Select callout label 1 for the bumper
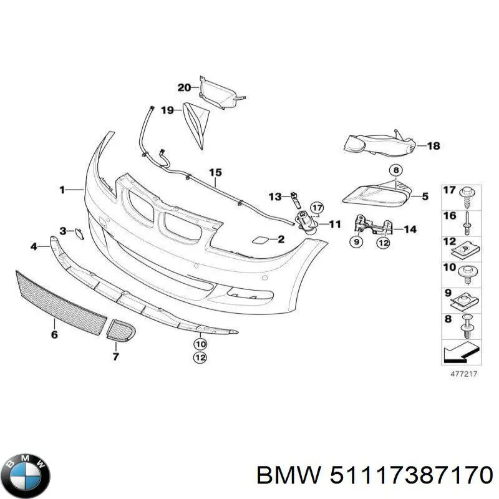pyautogui.click(x=62, y=190)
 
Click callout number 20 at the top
pyautogui.click(x=184, y=88)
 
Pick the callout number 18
pyautogui.click(x=433, y=146)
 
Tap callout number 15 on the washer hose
pyautogui.click(x=215, y=172)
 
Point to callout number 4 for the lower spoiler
pyautogui.click(x=34, y=247)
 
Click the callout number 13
pyautogui.click(x=275, y=196)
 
